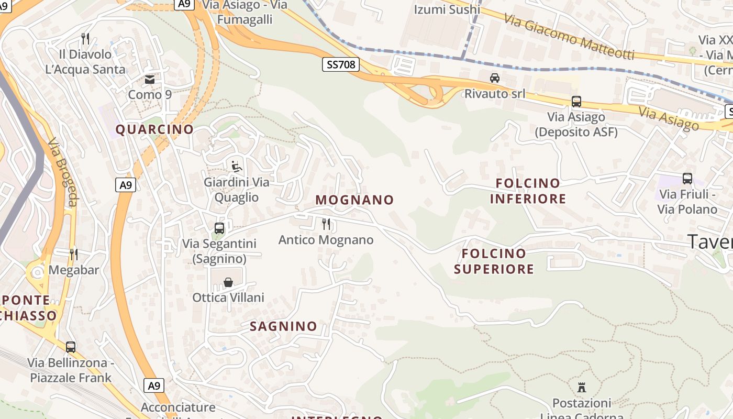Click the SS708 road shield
(341, 64)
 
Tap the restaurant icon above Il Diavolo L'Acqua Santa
(85, 38)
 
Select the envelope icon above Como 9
(150, 80)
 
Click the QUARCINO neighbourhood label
(154, 129)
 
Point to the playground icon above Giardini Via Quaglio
(237, 167)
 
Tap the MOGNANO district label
(354, 200)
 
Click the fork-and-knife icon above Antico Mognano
(326, 224)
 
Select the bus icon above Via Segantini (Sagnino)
(219, 228)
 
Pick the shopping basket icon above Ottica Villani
(228, 282)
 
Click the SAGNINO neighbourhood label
(283, 326)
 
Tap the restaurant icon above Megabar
(74, 255)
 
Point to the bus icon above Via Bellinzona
(71, 347)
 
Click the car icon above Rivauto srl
(494, 78)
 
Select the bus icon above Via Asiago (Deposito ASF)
(576, 102)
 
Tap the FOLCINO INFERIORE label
(528, 191)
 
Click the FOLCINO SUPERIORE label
(494, 261)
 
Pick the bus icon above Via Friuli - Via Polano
(687, 179)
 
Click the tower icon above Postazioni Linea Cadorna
(582, 388)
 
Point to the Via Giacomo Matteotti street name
(569, 37)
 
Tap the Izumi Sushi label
(447, 9)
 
